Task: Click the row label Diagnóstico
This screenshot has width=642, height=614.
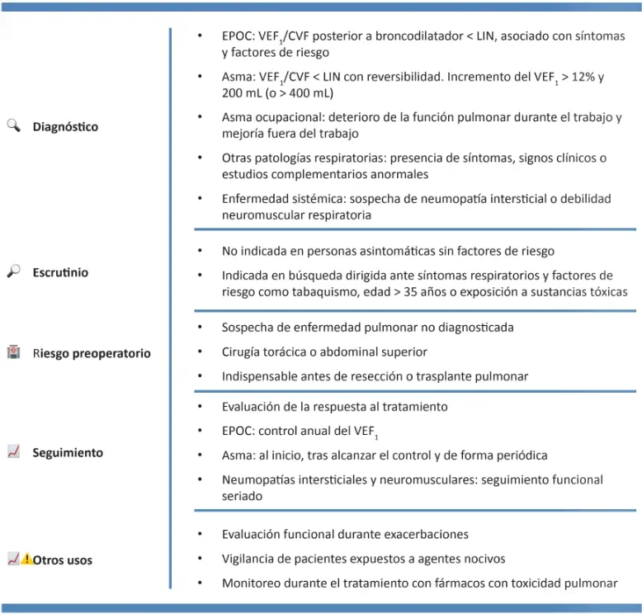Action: click(65, 127)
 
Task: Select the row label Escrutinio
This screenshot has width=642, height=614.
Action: click(60, 272)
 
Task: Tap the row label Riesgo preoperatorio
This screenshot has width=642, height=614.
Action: click(92, 353)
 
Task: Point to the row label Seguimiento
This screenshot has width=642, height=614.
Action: click(68, 453)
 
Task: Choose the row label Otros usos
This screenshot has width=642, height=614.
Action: click(63, 560)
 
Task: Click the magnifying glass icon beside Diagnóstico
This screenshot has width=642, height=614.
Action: click(13, 125)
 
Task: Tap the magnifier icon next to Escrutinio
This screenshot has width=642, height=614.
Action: click(13, 271)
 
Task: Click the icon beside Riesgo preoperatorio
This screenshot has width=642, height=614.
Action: click(13, 352)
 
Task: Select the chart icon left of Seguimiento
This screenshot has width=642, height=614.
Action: click(13, 451)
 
